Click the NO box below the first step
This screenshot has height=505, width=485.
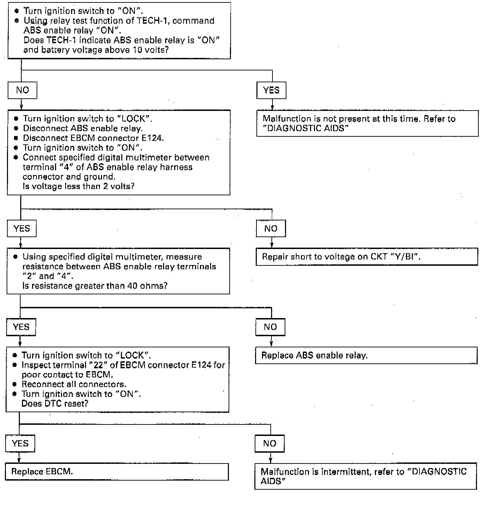22,90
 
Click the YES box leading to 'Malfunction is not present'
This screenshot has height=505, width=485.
271,90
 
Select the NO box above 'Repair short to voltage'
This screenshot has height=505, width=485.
271,229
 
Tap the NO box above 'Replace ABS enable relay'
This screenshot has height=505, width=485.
270,327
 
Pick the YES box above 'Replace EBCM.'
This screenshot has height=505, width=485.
20,444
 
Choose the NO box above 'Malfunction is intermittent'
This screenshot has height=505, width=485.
270,444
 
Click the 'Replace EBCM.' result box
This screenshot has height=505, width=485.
117,472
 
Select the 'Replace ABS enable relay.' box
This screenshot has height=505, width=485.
366,356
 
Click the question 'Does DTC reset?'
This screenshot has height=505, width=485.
55,404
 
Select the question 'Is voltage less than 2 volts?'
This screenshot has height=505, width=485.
78,186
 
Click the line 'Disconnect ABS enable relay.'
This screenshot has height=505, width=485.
83,128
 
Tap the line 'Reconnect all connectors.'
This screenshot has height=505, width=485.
74,384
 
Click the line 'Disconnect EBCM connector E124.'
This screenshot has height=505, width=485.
93,138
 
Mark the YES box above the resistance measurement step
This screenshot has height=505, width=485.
22,229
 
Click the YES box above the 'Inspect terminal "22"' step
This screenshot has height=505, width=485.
21,327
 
